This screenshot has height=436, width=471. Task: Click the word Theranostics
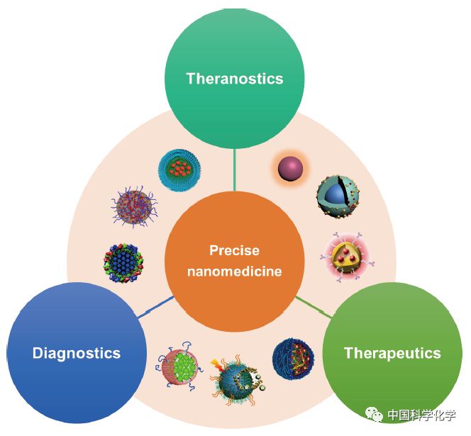click(x=234, y=79)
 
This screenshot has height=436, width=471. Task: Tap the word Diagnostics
click(x=77, y=353)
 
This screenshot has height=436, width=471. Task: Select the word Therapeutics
click(x=392, y=353)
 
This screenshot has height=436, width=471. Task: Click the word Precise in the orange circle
click(x=234, y=250)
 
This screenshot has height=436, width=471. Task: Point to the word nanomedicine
click(x=234, y=271)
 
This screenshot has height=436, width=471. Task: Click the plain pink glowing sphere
click(x=290, y=169)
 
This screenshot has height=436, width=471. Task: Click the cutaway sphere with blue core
click(x=337, y=196)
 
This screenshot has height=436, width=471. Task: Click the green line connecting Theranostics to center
click(x=234, y=170)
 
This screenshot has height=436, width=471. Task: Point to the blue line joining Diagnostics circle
click(x=157, y=306)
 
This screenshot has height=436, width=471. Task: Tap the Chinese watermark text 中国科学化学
click(x=422, y=415)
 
